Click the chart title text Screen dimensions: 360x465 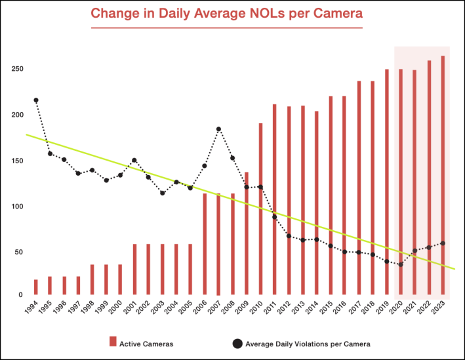[x=226, y=12]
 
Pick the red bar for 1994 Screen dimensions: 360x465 [x=36, y=287]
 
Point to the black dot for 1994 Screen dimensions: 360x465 [x=36, y=100]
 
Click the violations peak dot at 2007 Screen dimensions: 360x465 [x=218, y=129]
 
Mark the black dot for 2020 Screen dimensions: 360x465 [x=401, y=264]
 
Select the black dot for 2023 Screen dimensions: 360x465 [x=443, y=243]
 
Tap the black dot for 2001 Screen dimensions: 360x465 [x=134, y=160]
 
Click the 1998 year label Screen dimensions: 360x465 [x=92, y=309]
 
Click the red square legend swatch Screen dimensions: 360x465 [x=113, y=341]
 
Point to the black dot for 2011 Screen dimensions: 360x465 [x=275, y=216]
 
